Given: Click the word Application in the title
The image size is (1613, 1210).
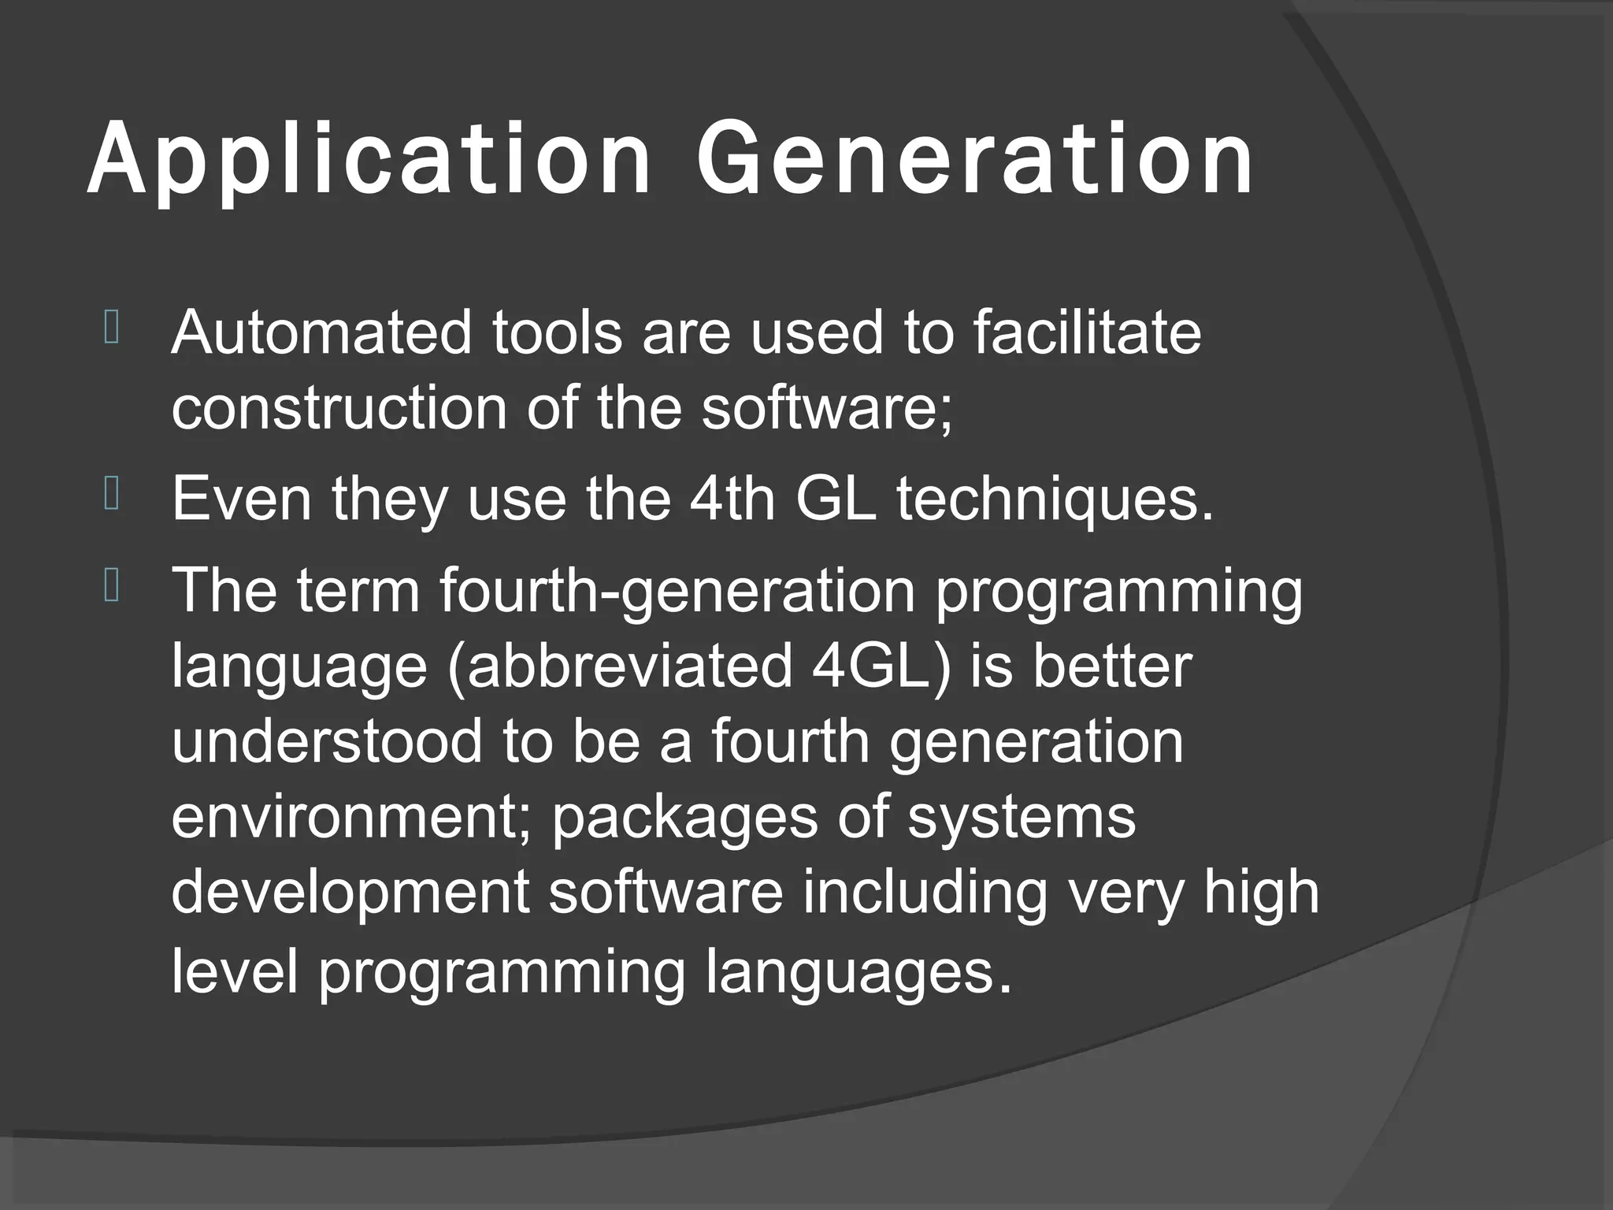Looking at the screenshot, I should tap(369, 160).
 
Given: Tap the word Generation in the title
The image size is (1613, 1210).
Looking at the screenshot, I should tap(975, 160).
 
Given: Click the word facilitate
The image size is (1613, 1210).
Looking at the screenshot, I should tap(1086, 333).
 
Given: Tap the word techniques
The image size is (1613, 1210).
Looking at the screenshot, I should tap(1054, 501).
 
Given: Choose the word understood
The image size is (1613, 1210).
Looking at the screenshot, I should tap(326, 742).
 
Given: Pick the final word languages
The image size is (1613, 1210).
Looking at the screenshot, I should tap(857, 974).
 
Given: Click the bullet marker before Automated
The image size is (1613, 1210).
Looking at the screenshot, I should tap(110, 329).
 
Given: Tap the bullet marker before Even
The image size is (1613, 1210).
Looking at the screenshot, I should tap(110, 496).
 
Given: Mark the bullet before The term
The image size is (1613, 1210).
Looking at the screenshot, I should tap(110, 588).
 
